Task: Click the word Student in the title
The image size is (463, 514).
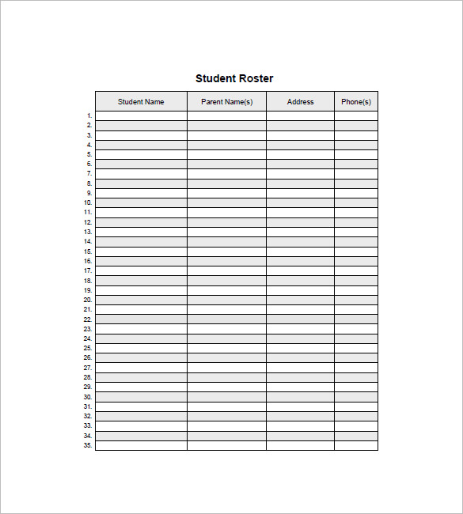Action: pos(214,78)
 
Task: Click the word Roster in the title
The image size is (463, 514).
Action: pos(256,78)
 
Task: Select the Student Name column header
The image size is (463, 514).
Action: pos(141,101)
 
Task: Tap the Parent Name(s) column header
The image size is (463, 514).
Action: pos(226,101)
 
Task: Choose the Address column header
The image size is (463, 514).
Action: pos(300,101)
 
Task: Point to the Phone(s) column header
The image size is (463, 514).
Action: pos(355,101)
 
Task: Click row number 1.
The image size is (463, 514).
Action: pos(89,116)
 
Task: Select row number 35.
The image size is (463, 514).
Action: pos(88,445)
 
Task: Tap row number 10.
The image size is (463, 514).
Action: pos(88,203)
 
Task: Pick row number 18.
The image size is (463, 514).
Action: pos(88,281)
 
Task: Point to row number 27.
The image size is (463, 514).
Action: pos(88,368)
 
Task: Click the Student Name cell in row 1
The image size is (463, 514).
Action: pos(141,116)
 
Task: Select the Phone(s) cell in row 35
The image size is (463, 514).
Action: pos(355,445)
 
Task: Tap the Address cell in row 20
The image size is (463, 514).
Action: pos(300,300)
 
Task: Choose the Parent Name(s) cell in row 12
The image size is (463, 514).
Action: pos(226,222)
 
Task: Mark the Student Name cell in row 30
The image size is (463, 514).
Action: pos(141,397)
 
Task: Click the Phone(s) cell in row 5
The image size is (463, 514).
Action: pos(355,155)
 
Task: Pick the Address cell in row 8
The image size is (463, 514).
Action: pos(300,183)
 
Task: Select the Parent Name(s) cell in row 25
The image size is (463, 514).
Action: pos(226,348)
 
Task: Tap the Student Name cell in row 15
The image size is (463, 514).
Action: pos(141,251)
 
